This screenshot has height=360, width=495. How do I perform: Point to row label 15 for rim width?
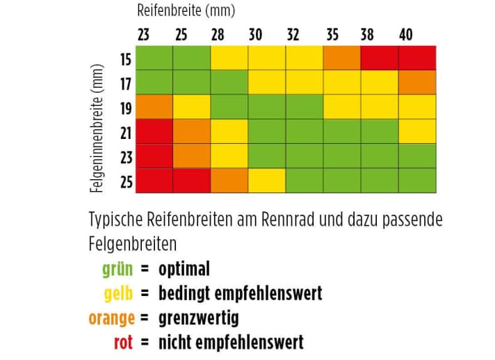(125, 58)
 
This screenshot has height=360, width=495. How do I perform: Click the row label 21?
(125, 131)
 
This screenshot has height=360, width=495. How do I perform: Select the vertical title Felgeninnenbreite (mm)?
(97, 129)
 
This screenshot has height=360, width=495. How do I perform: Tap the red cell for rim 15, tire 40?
(416, 58)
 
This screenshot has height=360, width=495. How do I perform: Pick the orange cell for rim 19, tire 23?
(154, 107)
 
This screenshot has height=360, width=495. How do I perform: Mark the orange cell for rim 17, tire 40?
(416, 83)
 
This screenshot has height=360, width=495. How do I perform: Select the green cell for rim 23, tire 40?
(416, 156)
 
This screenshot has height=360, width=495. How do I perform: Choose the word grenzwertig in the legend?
(198, 318)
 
